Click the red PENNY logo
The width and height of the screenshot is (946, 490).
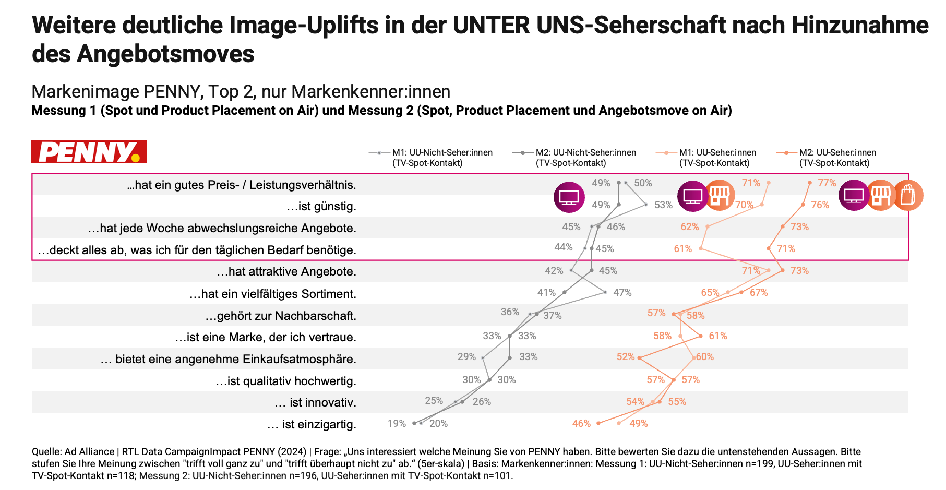pos(89,152)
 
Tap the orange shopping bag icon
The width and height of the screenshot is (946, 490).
pos(908,196)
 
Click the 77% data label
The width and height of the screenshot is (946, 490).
pos(827,183)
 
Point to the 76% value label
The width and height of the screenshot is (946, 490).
pos(820,205)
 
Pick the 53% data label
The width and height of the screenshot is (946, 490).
pos(663,205)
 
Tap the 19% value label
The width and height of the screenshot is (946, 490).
pos(397,423)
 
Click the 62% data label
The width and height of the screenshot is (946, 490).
pos(689,226)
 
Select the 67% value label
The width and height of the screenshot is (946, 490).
pos(759,293)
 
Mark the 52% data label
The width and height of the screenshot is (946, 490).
pos(626,357)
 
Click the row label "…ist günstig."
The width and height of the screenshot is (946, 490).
pos(321,207)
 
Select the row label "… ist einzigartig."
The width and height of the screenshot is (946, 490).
pos(312,424)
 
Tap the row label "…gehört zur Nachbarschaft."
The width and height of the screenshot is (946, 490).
pos(281,316)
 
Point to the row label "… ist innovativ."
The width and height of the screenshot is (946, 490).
pos(315,402)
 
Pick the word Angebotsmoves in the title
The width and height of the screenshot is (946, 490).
pos(165,54)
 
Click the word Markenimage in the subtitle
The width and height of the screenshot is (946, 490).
pos(85,91)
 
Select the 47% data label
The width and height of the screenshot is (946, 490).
pos(622,293)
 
